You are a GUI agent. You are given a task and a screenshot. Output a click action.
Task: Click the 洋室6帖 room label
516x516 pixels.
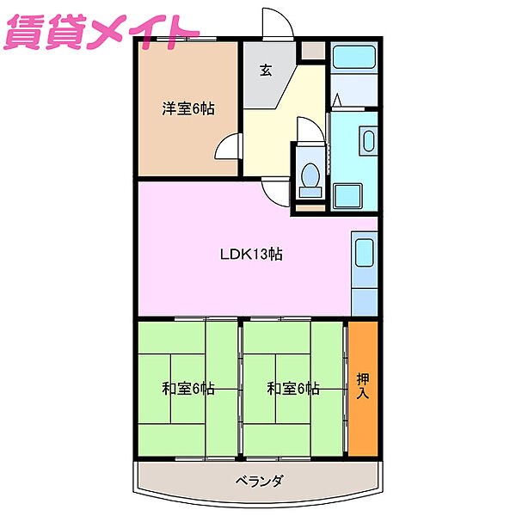(x=188, y=109)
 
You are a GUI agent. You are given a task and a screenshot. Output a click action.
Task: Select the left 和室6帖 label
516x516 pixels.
(x=188, y=389)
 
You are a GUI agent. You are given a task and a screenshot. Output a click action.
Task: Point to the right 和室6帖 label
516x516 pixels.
(x=293, y=389)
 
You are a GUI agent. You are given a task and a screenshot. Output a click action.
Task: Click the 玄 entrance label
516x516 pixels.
(x=266, y=71)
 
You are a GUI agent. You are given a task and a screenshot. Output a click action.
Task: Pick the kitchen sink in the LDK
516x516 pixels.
(x=364, y=255)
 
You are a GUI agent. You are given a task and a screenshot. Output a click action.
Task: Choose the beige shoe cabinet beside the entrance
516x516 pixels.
(x=313, y=50)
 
